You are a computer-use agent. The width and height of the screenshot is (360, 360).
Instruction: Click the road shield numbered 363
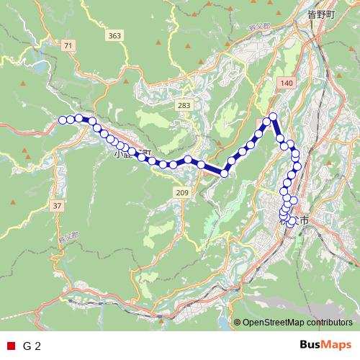click(114, 35)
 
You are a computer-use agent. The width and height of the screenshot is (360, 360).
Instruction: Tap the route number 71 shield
click(68, 45)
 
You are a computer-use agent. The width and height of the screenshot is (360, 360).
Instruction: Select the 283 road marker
click(184, 106)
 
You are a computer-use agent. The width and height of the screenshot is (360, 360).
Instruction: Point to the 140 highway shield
click(287, 84)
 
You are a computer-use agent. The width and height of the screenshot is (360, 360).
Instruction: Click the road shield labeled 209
click(181, 192)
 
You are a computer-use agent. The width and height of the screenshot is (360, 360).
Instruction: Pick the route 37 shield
click(57, 206)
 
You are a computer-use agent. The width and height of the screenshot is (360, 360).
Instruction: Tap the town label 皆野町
click(321, 14)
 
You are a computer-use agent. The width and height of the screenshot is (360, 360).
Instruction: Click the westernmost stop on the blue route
click(63, 120)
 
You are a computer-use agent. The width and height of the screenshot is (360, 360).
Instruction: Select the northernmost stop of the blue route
click(273, 117)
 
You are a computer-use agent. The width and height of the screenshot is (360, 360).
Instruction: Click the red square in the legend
click(10, 346)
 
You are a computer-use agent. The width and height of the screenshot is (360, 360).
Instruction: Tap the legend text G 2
click(32, 346)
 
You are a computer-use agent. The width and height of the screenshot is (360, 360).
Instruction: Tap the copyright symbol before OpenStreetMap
click(237, 323)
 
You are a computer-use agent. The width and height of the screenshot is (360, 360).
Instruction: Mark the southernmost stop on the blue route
click(291, 223)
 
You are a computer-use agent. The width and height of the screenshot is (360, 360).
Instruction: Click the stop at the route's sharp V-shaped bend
click(225, 173)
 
